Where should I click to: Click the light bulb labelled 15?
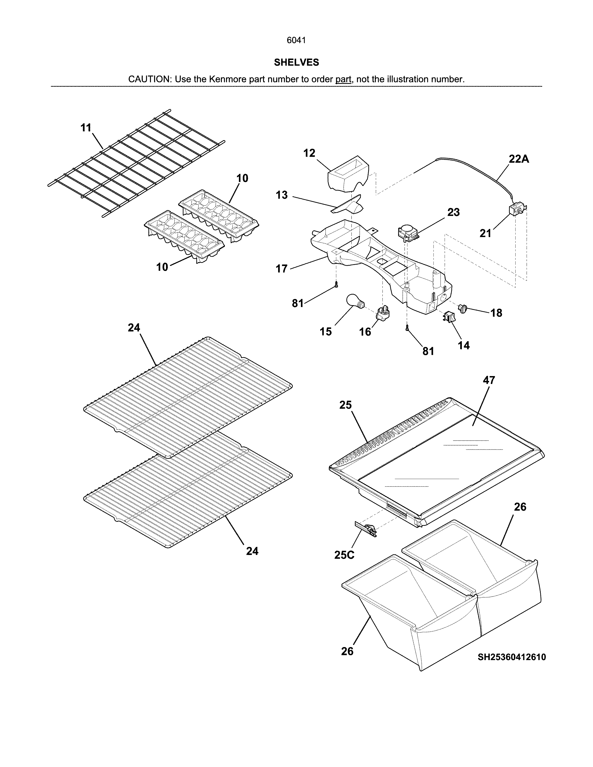point(356,302)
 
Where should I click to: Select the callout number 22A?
point(519,159)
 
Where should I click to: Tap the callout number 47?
point(489,380)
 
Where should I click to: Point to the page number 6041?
point(296,40)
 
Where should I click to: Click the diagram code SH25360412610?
point(512,657)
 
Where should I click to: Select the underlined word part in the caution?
point(343,79)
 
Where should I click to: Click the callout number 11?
point(86,128)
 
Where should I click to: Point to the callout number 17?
point(281,269)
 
